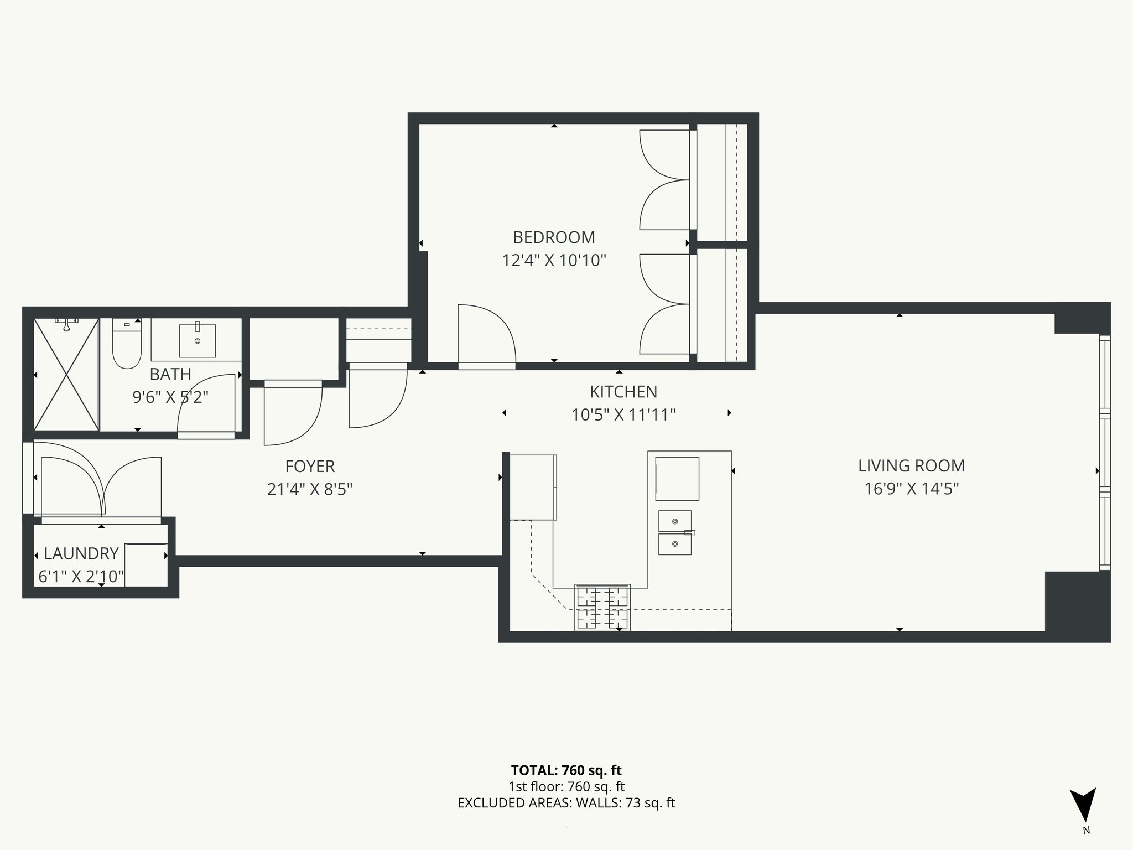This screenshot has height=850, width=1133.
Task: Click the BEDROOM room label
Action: (x=554, y=237)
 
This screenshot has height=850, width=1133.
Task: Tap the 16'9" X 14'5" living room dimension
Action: (x=911, y=489)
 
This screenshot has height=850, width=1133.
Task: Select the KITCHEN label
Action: (x=623, y=392)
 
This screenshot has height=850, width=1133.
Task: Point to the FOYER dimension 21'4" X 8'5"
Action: (x=310, y=490)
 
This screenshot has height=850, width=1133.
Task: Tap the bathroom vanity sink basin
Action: (x=197, y=341)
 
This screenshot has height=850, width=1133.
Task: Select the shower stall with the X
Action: (x=66, y=375)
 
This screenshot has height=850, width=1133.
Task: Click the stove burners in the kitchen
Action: (x=602, y=607)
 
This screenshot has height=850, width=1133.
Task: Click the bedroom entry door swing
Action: (x=487, y=335)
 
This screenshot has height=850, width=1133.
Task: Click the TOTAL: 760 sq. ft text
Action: (x=566, y=770)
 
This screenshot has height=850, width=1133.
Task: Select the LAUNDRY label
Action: (x=81, y=553)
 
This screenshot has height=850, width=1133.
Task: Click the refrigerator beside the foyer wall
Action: (x=532, y=487)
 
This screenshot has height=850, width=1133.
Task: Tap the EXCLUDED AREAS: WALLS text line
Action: (x=566, y=803)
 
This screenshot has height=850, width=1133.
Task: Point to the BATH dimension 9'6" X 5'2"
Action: (x=170, y=397)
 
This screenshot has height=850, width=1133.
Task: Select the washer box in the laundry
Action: (x=146, y=564)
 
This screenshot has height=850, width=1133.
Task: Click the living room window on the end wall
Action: (x=1104, y=454)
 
